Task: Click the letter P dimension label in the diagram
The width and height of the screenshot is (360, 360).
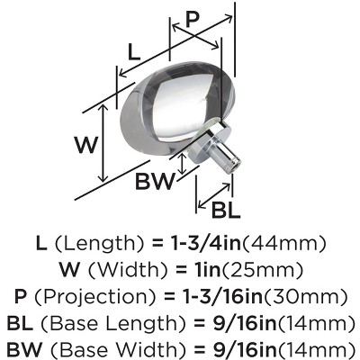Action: pyautogui.click(x=193, y=20)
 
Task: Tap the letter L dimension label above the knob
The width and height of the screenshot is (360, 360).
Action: pyautogui.click(x=134, y=52)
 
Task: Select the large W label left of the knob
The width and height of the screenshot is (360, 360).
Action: pyautogui.click(x=86, y=145)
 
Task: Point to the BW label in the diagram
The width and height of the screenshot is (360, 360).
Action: pyautogui.click(x=155, y=181)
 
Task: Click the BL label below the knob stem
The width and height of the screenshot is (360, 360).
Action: pyautogui.click(x=226, y=210)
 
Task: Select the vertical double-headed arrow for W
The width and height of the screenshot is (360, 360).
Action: pyautogui.click(x=103, y=143)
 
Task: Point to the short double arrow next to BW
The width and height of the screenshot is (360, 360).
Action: pyautogui.click(x=182, y=164)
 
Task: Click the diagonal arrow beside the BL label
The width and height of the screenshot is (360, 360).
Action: pyautogui.click(x=214, y=196)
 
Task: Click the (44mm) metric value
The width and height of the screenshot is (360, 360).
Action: pyautogui.click(x=283, y=243)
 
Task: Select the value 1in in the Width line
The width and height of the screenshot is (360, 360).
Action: pyautogui.click(x=206, y=269)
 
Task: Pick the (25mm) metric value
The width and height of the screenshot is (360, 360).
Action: pyautogui.click(x=262, y=269)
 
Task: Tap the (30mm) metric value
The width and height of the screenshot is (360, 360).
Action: pyautogui.click(x=305, y=296)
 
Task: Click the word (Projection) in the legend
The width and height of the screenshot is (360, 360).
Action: pyautogui.click(x=95, y=296)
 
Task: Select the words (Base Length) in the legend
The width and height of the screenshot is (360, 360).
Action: pyautogui.click(x=113, y=322)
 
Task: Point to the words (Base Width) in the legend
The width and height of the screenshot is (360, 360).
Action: pyautogui.click(x=118, y=349)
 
